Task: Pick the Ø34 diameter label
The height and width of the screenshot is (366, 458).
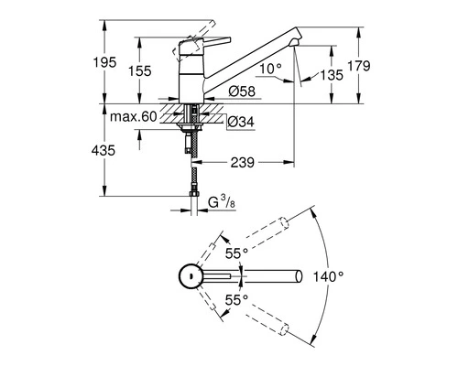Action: click(240, 123)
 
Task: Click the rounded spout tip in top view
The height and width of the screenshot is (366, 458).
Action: click(299, 275)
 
